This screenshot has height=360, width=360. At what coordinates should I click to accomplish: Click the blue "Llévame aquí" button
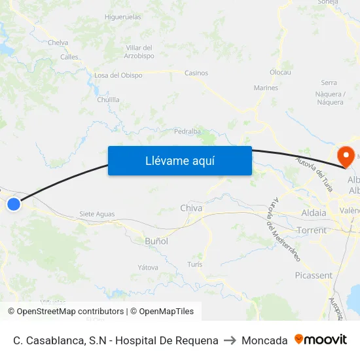pos(179,160)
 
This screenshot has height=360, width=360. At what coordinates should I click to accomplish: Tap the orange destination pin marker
pos(344,156)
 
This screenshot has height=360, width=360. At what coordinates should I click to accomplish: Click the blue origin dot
pos(13,204)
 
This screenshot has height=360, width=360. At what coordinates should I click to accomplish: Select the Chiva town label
pos(191,208)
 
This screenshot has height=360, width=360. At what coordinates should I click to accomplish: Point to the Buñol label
pos(156,241)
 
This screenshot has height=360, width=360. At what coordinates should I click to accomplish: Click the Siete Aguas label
pos(96,214)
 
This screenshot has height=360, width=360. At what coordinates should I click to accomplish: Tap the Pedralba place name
pos(187,131)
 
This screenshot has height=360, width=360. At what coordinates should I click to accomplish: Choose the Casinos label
pos(196,73)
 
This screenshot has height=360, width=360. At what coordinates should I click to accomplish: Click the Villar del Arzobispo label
pos(139,52)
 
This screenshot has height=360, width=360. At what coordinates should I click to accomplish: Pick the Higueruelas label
pos(123,17)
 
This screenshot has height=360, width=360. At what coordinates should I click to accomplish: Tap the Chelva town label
pos(58,43)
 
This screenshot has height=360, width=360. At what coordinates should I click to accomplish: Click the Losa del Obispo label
pos(118,75)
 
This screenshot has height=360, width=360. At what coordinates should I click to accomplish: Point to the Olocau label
pos(280,73)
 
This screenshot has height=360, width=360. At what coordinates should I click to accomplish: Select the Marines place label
pos(266,88)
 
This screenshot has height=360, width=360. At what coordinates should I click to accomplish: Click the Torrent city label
pos(311,230)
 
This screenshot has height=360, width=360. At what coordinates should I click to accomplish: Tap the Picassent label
pos(314,276)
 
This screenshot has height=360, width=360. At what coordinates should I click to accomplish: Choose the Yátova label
pos(148,267)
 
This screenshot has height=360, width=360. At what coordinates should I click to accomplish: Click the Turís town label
pos(194,264)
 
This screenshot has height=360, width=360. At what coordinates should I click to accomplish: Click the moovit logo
pos(321,340)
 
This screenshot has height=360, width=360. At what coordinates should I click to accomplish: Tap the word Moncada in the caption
pos(264,340)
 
